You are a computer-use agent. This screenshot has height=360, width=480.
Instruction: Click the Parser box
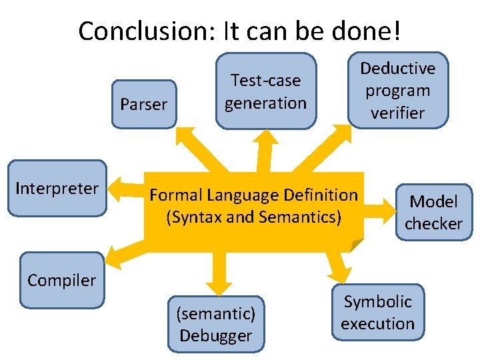click(x=143, y=104)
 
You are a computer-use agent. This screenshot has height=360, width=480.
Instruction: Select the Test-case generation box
click(x=265, y=91)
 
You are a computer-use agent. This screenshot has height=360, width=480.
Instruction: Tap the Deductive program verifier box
click(x=398, y=91)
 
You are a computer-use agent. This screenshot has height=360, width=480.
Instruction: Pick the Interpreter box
click(x=57, y=189)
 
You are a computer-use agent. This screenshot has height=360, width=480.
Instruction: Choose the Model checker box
click(x=433, y=212)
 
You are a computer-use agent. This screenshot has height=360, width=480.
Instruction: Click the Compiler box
click(x=61, y=280)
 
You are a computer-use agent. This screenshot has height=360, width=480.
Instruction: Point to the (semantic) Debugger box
click(x=215, y=324)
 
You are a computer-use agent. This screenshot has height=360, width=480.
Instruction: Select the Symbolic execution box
click(x=378, y=312)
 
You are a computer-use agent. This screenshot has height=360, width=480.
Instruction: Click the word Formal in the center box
click(x=176, y=195)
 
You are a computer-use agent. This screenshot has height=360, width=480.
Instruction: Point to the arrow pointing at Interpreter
click(x=124, y=189)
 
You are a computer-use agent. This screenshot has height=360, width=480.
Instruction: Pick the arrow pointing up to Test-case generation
click(x=265, y=147)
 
